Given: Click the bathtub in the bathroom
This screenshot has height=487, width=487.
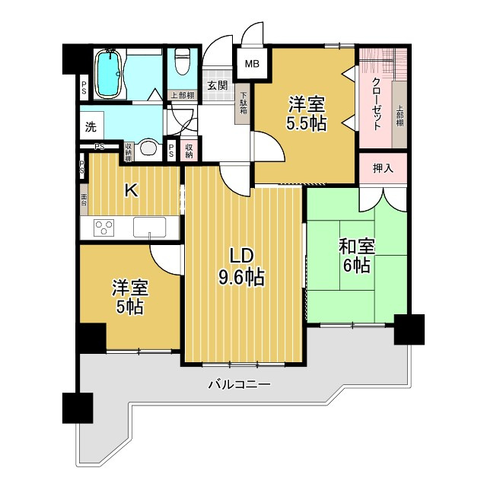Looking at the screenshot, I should [110, 73].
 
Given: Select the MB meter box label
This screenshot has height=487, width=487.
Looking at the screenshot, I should [250, 64].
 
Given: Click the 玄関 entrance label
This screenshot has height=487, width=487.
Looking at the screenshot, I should [216, 85].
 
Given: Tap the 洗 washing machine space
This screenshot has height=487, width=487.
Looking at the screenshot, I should [91, 126].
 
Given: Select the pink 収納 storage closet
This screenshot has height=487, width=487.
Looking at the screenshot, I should [189, 150].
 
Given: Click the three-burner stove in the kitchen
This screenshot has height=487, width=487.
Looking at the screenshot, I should [105, 227].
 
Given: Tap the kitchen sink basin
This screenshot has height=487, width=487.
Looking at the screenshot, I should [149, 227].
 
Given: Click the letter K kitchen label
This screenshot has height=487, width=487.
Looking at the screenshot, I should [131, 191].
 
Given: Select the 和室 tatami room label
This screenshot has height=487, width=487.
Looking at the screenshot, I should [356, 246].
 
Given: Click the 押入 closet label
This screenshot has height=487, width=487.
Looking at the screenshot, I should [383, 168].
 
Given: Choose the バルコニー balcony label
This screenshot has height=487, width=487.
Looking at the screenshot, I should [239, 385].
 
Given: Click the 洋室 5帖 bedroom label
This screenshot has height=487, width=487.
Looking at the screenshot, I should [130, 297].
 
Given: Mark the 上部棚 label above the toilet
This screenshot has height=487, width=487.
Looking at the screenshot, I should [181, 95].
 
